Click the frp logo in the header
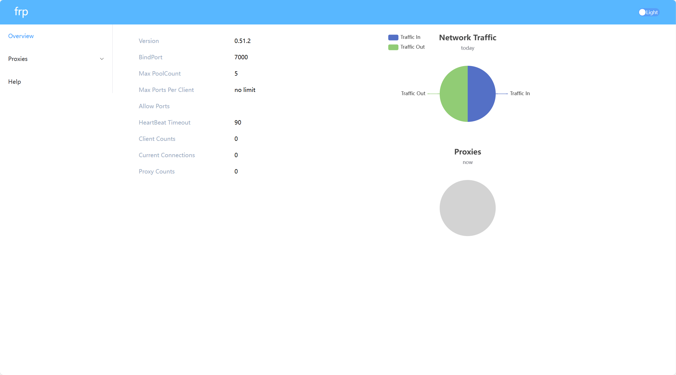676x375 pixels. point(21,12)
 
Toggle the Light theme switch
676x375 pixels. point(649,12)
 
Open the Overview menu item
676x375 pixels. point(21,36)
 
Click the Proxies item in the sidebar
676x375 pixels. point(18,59)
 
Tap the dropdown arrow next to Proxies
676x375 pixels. point(102,59)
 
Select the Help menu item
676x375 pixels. point(15,82)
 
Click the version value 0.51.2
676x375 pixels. point(242,41)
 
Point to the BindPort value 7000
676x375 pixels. point(241,57)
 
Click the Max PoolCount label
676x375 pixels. point(160,73)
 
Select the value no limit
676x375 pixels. point(245,90)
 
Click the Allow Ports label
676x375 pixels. point(154,106)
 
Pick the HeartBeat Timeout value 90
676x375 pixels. point(238,122)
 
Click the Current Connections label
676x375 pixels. point(167,155)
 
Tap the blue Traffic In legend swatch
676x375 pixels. point(393,37)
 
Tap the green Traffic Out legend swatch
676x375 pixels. point(393,47)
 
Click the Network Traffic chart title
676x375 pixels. point(467,38)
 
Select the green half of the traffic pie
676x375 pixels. point(454,94)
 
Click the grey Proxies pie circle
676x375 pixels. point(467,208)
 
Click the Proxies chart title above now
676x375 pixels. point(467,152)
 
